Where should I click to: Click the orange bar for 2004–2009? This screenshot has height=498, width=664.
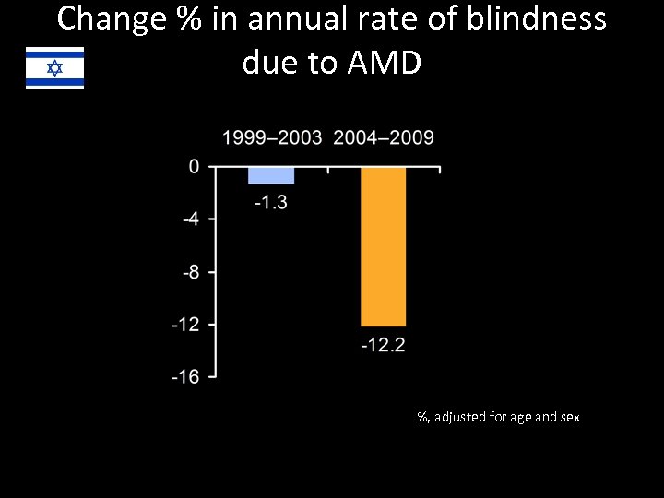(x=383, y=247)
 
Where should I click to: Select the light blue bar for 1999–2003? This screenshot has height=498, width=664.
(x=271, y=176)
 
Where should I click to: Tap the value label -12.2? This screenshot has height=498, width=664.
(x=383, y=346)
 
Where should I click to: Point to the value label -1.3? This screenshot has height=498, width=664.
(x=271, y=202)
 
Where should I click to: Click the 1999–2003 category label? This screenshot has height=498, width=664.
(x=272, y=138)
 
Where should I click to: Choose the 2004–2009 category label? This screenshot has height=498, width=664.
(x=383, y=138)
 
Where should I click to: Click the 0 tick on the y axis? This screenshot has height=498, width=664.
(x=194, y=167)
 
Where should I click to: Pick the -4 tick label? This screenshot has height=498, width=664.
(x=189, y=219)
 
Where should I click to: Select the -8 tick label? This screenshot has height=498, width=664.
(x=189, y=272)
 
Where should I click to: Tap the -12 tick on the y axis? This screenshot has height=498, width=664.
(x=186, y=325)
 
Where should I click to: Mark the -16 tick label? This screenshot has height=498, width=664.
(x=186, y=377)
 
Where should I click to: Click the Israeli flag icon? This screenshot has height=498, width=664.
(x=54, y=67)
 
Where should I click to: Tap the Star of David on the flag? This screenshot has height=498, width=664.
(x=54, y=67)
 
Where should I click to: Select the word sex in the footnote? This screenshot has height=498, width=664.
(x=570, y=417)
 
